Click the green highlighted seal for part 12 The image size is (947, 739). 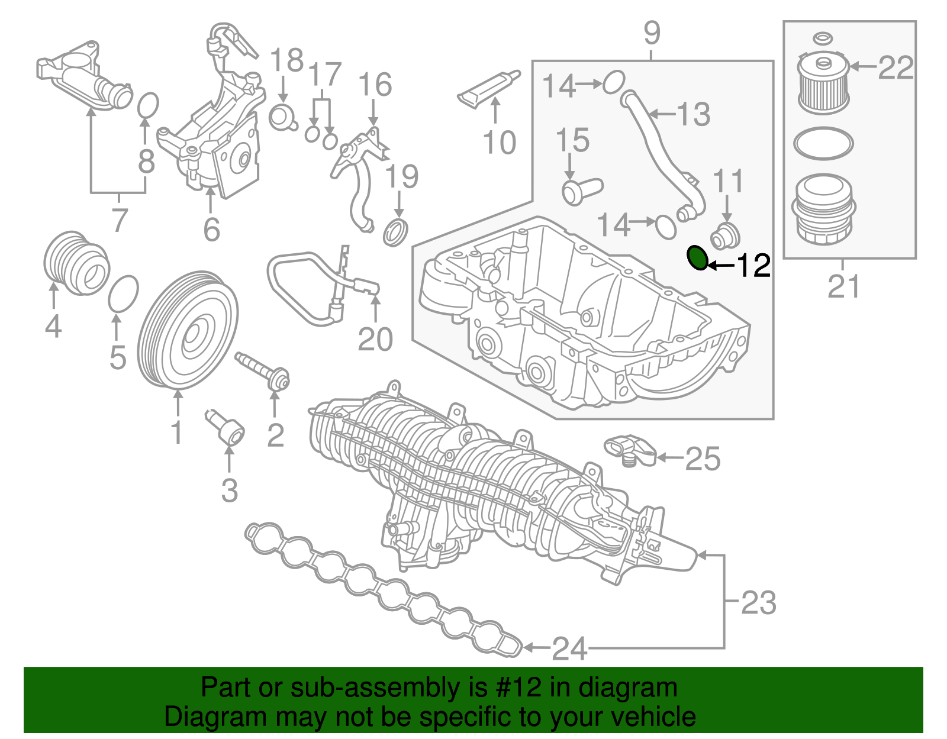coord(698,258)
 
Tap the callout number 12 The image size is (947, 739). coord(753,266)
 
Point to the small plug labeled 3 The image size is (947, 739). coord(227,429)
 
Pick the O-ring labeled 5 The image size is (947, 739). coord(124,293)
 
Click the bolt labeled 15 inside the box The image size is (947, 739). coord(580,191)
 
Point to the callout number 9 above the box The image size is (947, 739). coord(651,33)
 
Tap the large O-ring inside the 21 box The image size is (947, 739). coord(823,143)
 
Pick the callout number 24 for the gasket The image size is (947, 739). coord(569,649)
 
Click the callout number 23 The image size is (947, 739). coord(758,603)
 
